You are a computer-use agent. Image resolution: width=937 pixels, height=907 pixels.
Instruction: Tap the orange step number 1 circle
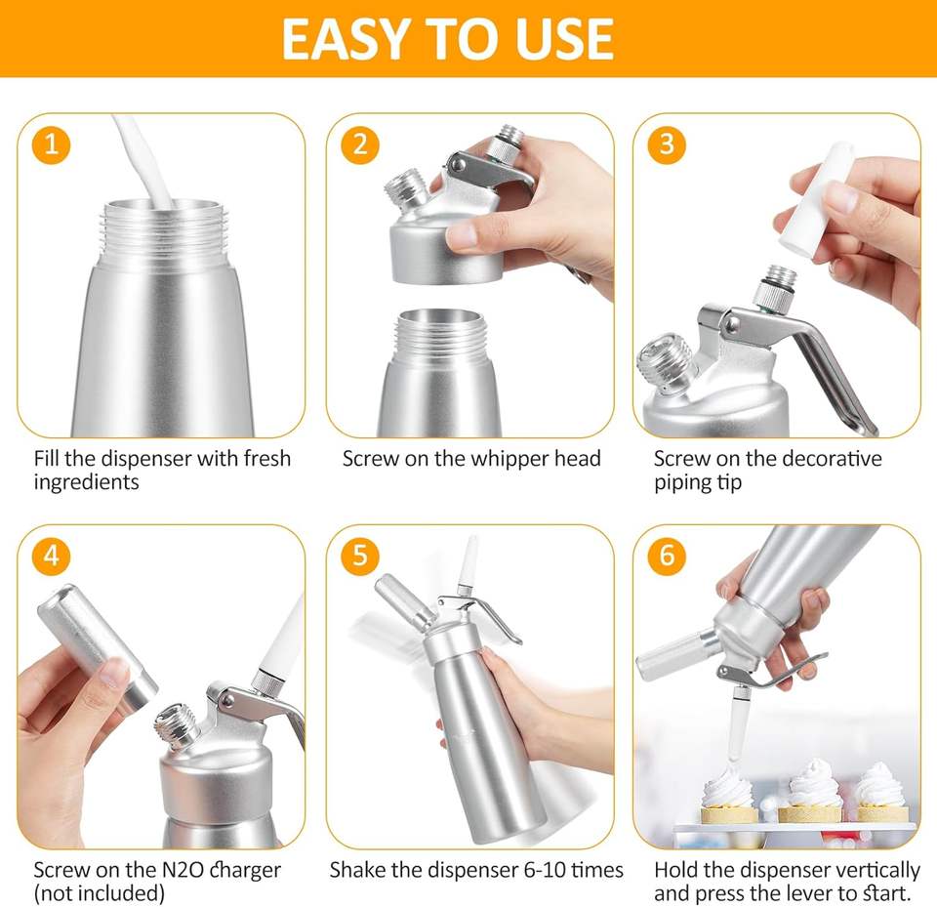[x=52, y=144]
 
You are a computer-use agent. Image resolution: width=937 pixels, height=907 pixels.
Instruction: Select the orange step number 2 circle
[x=360, y=144]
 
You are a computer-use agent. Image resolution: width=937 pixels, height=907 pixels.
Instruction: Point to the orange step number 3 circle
[x=667, y=144]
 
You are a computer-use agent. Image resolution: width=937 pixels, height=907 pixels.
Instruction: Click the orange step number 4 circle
[x=52, y=557]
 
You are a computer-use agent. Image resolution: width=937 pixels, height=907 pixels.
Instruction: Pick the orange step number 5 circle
[x=360, y=557]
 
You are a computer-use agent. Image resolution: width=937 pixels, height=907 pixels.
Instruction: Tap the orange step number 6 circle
[x=667, y=557]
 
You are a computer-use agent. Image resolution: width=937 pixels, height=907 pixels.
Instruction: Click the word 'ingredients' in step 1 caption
[x=86, y=482]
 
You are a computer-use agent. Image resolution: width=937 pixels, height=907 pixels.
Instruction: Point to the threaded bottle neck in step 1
[x=163, y=233]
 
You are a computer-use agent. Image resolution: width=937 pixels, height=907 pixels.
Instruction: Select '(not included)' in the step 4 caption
[x=100, y=894]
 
